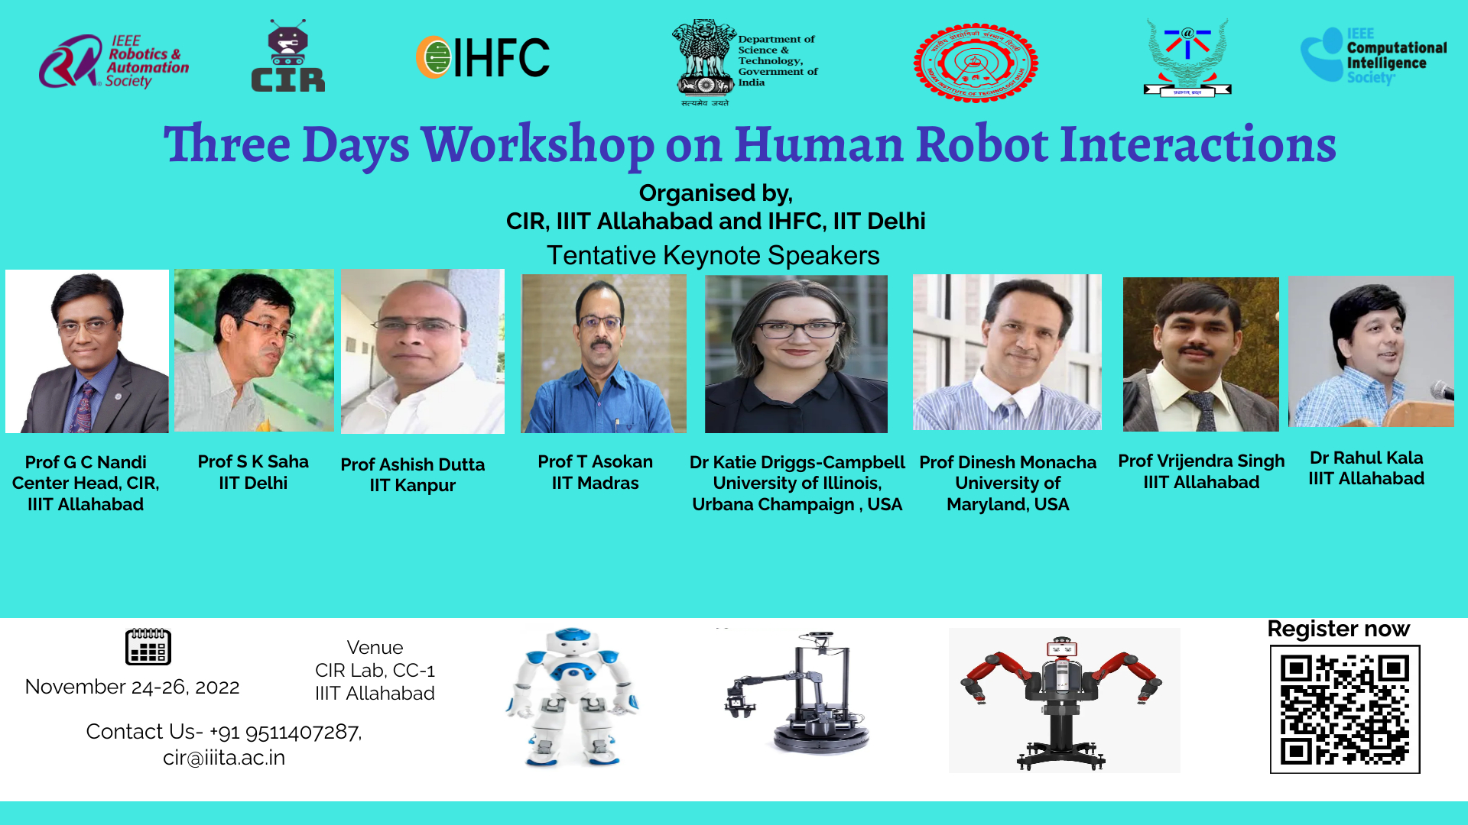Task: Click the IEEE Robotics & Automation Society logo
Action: coord(113,61)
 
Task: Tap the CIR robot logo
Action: coord(287,57)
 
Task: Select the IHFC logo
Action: coord(483,57)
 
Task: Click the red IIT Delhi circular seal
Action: coord(976,63)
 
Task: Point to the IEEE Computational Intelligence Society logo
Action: coord(1373,56)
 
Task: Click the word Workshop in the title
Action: coord(537,144)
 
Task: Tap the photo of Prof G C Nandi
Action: coord(87,351)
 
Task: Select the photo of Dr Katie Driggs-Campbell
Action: coord(796,354)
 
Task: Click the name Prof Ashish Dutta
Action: coord(412,464)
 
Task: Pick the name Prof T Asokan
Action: coord(595,462)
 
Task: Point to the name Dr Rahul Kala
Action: coord(1366,458)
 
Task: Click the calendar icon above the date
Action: coord(148,646)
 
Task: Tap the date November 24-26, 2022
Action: coord(132,687)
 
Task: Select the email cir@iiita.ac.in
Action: coord(224,758)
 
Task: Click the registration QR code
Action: coord(1344,710)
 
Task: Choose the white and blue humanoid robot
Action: coord(571,697)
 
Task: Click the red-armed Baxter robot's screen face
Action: coord(1062,649)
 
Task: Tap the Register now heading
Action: coord(1338,629)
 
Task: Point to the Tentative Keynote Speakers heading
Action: coord(713,255)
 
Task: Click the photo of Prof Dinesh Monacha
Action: coord(1007,352)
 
